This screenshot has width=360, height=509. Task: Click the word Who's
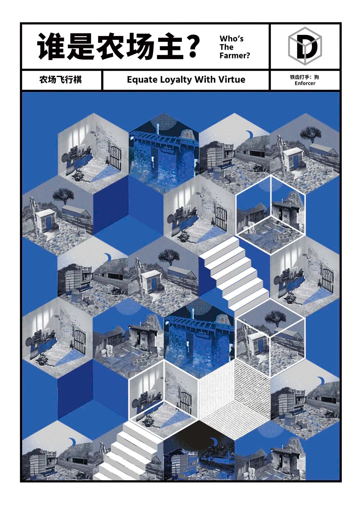point(231,39)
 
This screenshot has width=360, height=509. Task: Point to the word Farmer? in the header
point(235,55)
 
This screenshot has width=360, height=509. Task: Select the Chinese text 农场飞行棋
point(61,80)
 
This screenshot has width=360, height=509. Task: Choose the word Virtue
point(231,80)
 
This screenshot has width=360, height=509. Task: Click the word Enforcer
point(305,83)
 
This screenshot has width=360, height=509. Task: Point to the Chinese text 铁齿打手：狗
point(305,76)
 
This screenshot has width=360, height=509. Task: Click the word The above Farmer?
point(227,47)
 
